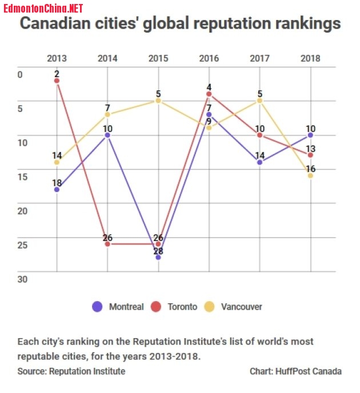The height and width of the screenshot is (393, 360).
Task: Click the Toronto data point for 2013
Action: [57, 81]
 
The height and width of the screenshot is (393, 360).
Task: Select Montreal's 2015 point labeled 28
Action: [158, 258]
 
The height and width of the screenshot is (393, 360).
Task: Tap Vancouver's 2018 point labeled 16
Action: [310, 175]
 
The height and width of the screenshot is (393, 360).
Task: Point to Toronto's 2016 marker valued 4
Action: [209, 94]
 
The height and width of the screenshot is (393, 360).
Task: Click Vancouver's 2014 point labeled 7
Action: [107, 114]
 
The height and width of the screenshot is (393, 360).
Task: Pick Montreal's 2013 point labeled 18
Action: [57, 189]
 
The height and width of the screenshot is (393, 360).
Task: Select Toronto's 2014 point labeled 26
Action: [107, 244]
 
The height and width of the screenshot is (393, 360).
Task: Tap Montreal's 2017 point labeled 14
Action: [260, 162]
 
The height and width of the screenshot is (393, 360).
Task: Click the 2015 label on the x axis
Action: [158, 58]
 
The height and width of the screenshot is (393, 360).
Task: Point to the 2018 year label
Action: [310, 58]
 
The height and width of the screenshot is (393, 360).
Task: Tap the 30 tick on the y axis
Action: [22, 279]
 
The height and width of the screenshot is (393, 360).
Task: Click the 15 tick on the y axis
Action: [22, 177]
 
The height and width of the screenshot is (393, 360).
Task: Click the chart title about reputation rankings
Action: [181, 24]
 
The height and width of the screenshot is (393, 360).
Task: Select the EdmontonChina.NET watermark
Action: [42, 7]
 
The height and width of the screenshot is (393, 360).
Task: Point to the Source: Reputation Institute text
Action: [71, 371]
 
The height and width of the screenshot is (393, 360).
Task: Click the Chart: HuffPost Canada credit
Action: [295, 371]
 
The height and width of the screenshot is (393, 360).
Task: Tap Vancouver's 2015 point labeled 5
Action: [158, 101]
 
